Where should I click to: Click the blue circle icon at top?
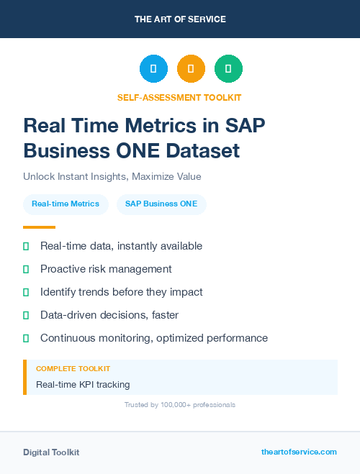tap(153, 68)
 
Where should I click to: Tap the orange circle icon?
tap(191, 68)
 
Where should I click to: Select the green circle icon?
tap(228, 68)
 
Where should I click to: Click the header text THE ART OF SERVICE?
tap(180, 19)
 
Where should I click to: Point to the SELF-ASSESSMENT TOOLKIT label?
tap(179, 97)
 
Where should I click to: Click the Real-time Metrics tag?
tap(66, 204)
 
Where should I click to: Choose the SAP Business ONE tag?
tap(161, 204)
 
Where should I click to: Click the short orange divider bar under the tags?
tap(35, 227)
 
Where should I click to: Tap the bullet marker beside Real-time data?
tap(26, 247)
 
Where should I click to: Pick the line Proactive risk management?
tap(106, 269)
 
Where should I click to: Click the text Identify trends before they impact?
tap(122, 292)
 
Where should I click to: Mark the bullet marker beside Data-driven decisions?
tap(26, 315)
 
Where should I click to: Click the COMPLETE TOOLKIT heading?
tap(73, 368)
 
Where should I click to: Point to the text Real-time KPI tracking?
tap(83, 384)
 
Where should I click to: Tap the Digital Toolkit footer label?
tap(51, 452)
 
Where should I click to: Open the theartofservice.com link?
tap(299, 452)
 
